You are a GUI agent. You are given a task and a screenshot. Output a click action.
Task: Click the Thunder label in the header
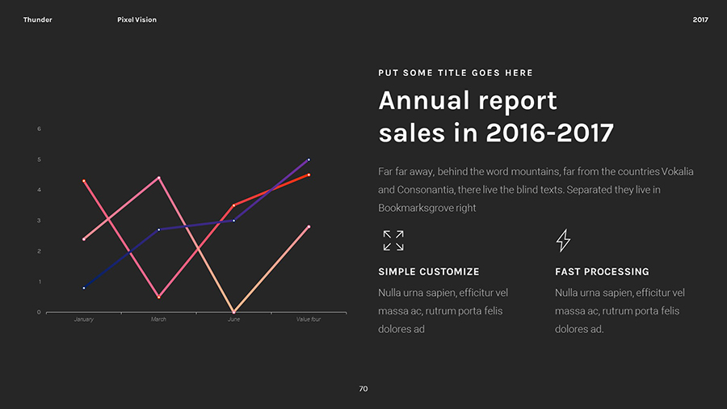coord(37,19)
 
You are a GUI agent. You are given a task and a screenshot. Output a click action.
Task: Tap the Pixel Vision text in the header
coord(137,19)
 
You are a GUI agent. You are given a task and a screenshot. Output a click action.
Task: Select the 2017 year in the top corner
coord(700,19)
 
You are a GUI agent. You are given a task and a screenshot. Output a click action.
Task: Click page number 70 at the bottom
coord(363,389)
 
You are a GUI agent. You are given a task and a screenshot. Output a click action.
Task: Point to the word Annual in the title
coord(424,101)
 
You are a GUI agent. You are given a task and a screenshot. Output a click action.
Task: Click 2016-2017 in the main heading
coord(549,133)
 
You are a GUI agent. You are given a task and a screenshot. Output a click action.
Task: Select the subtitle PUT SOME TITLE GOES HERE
coord(456,73)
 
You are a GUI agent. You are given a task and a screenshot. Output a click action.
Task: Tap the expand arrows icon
coord(393,240)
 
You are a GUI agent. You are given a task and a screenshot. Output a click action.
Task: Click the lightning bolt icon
coord(564,240)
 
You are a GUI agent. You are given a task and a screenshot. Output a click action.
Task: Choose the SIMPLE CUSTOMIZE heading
coord(429,272)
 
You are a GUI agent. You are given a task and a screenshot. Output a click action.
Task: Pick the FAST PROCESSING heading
coord(602,272)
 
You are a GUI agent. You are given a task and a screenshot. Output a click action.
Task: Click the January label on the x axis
coord(83,319)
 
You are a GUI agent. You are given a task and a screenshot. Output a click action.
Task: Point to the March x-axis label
coord(158,319)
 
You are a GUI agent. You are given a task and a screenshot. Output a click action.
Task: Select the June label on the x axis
coord(233,319)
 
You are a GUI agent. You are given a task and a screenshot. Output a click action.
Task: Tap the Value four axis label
coord(309,319)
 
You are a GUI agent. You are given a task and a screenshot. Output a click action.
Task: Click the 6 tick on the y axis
coord(39,129)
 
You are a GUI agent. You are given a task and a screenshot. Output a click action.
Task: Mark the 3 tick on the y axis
coord(39,220)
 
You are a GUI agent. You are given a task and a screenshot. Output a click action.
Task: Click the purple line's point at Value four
coord(309,160)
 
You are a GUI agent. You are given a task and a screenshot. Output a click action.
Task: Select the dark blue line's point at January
coord(84,288)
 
